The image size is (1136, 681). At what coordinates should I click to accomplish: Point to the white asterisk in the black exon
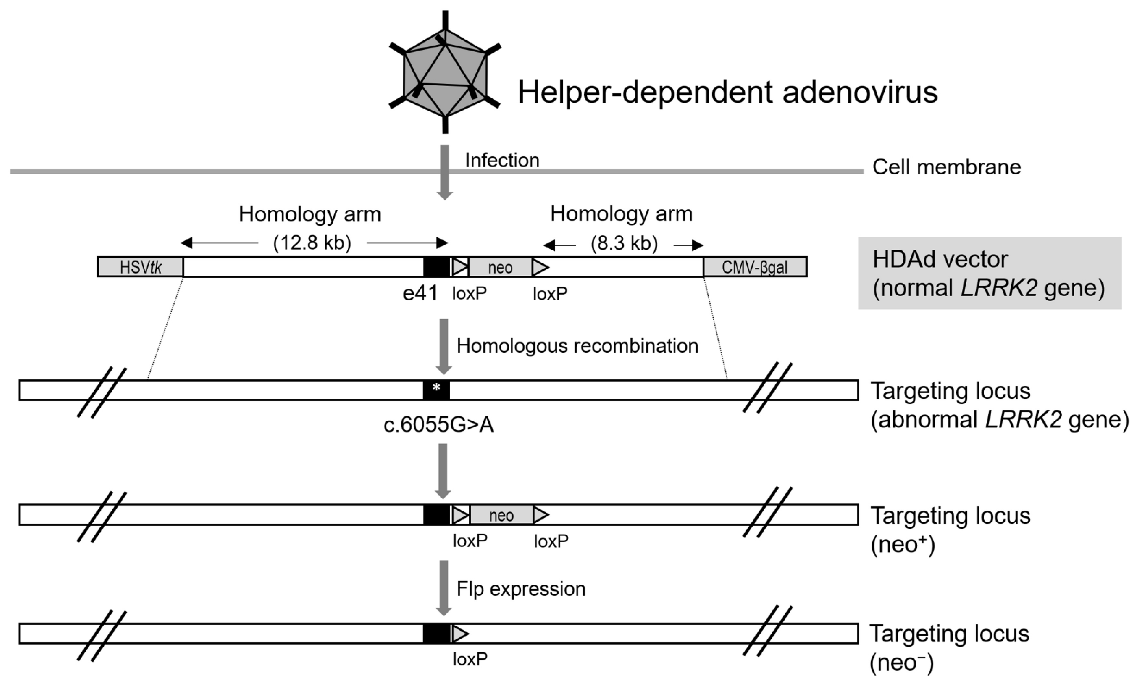tap(436, 388)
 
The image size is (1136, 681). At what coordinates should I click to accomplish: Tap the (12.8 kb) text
tap(312, 243)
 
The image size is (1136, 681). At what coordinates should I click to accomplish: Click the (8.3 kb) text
tap(624, 243)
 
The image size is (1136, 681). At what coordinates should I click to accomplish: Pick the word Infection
tap(502, 160)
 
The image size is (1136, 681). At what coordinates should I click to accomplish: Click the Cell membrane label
tap(946, 167)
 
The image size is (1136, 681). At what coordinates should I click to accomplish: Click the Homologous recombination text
tap(577, 345)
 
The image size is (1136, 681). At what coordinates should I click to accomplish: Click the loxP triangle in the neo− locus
tap(460, 634)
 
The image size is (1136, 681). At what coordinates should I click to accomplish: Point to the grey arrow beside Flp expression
tap(444, 587)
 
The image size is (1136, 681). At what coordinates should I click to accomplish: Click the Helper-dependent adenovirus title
tap(727, 92)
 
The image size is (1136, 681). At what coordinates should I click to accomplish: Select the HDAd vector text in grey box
tap(940, 259)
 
